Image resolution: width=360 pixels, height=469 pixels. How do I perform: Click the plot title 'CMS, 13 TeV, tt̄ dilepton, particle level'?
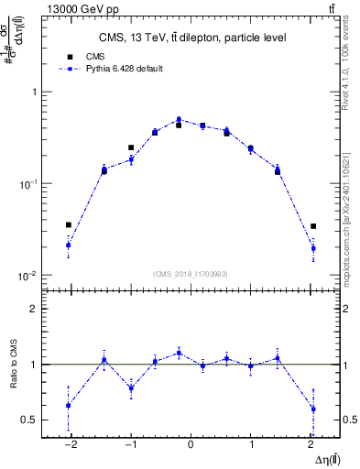(x=191, y=38)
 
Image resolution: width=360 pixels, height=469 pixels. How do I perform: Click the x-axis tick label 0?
(x=191, y=444)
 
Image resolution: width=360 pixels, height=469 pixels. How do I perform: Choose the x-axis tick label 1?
(x=252, y=444)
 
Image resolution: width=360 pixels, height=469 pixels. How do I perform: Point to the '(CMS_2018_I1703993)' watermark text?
(x=191, y=274)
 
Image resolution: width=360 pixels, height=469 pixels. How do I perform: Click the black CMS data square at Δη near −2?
(x=68, y=224)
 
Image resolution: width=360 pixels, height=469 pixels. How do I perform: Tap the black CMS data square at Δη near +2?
(x=313, y=226)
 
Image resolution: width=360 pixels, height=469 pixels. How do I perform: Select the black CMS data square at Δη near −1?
(x=131, y=147)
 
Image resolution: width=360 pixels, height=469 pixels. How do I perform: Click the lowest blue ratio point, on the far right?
(x=313, y=409)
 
